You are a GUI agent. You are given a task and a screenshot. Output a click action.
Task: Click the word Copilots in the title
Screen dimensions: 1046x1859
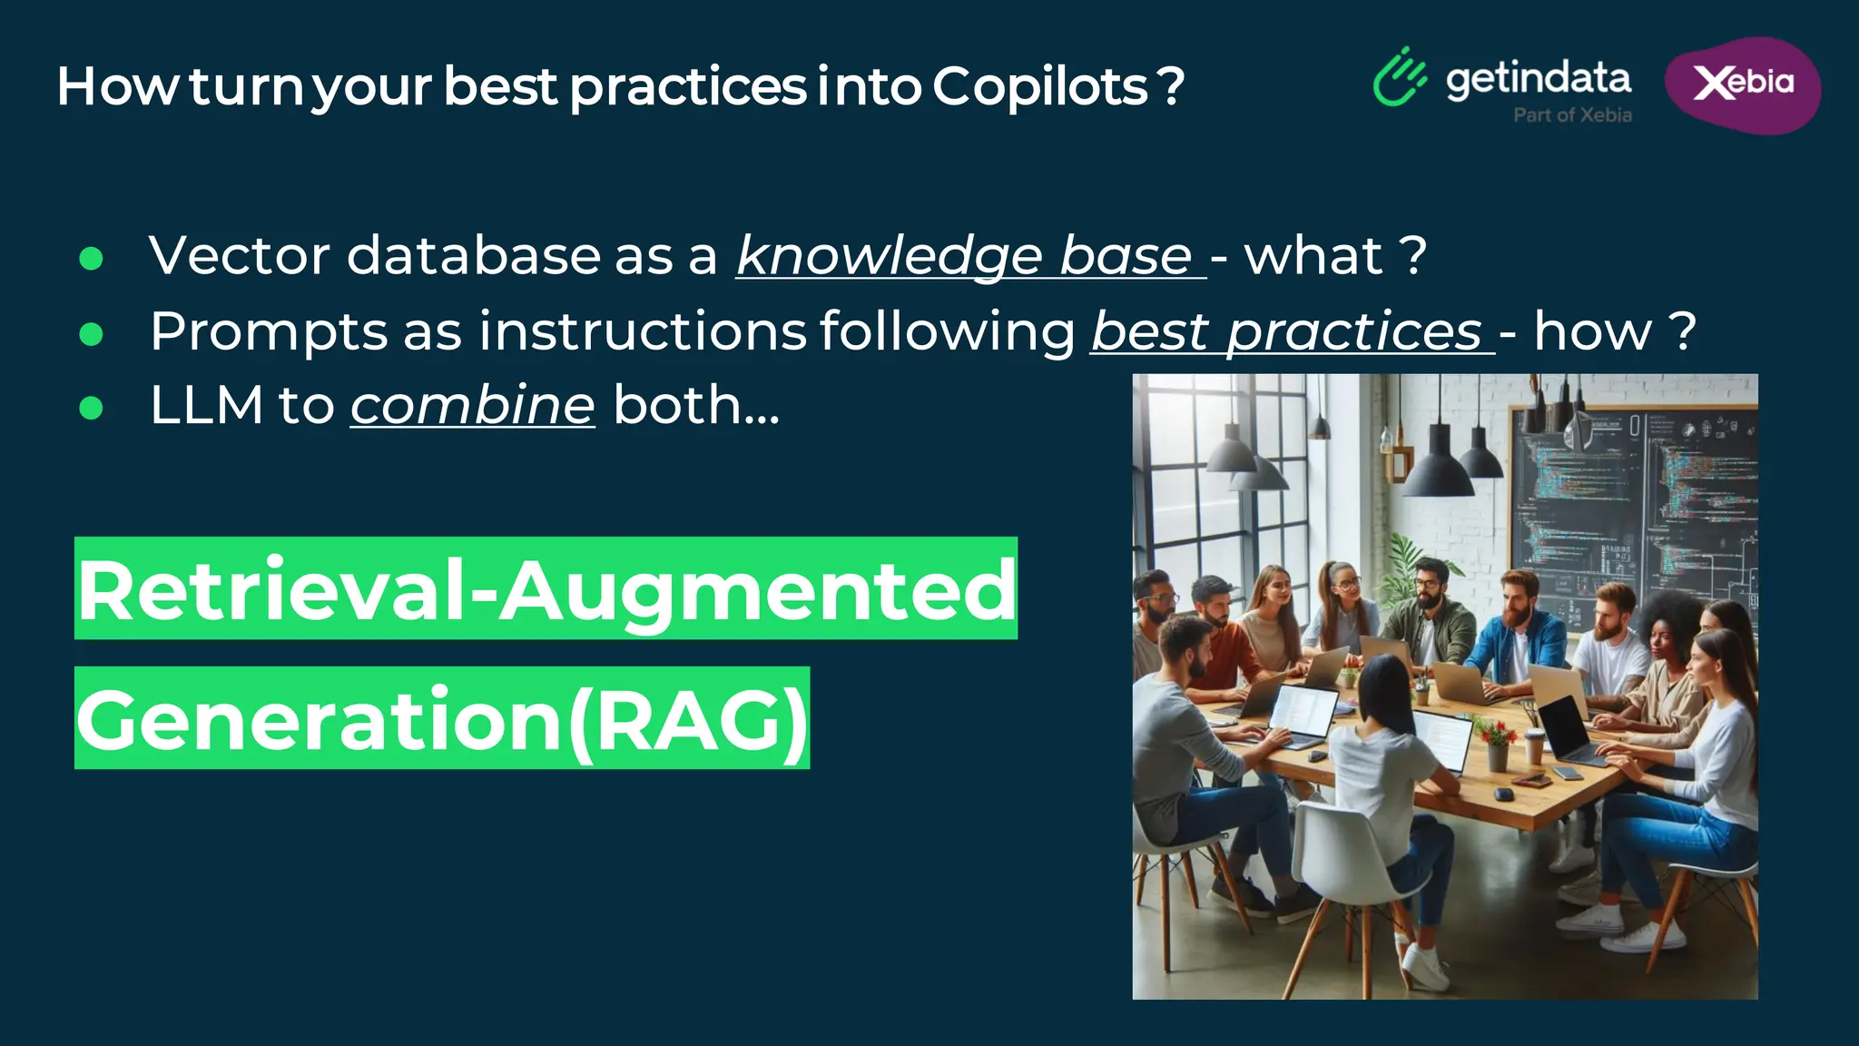click(1040, 87)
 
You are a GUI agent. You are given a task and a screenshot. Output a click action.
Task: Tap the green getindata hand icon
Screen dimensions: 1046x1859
click(1399, 78)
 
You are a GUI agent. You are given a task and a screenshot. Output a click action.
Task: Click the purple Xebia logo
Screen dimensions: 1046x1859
click(1743, 84)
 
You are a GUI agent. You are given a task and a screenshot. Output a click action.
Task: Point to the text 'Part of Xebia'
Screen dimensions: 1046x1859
click(1572, 115)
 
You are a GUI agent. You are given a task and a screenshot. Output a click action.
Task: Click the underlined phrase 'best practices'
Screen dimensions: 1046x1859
click(1290, 331)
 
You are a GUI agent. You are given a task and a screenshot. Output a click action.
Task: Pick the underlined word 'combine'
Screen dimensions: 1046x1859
click(473, 405)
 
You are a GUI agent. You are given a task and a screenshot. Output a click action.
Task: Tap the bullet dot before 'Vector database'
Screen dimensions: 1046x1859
click(91, 260)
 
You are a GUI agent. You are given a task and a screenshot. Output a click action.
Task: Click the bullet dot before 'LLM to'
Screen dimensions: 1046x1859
click(91, 409)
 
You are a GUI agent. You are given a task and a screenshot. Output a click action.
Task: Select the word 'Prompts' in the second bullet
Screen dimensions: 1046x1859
click(270, 331)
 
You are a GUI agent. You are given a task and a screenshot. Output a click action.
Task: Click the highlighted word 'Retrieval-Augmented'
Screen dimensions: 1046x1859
click(546, 590)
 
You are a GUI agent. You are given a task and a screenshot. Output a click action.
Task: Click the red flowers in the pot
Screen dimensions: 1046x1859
click(1493, 732)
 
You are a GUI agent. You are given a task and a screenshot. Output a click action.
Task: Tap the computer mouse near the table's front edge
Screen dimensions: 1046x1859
click(1503, 794)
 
